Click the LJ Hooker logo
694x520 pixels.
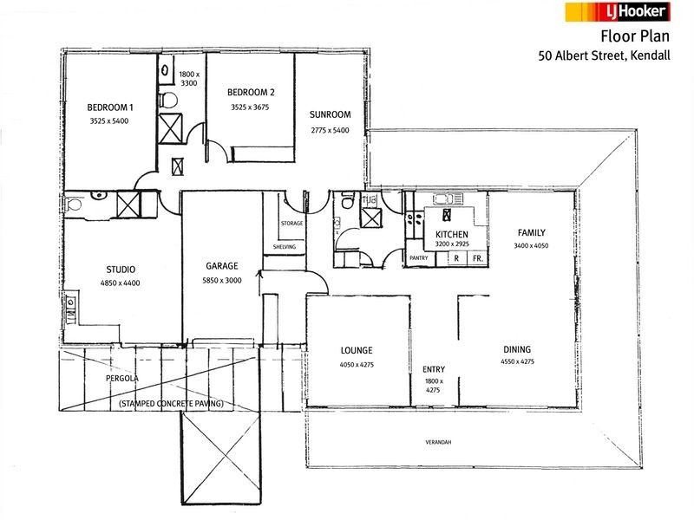click(618, 12)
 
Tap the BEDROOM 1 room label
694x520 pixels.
click(110, 107)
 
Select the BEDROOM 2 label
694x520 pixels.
click(251, 93)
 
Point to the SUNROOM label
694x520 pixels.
click(331, 114)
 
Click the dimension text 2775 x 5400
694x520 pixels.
click(330, 130)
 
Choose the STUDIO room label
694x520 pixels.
click(121, 270)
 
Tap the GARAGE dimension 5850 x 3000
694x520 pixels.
click(222, 280)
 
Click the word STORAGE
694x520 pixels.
click(291, 224)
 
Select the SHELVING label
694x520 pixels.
click(285, 247)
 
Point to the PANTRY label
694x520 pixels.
click(419, 257)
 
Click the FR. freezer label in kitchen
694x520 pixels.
click(478, 258)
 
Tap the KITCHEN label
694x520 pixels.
click(451, 234)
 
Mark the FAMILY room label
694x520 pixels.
click(531, 232)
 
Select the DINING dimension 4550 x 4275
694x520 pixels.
click(517, 361)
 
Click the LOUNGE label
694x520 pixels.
click(357, 351)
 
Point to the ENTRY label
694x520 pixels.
click(434, 369)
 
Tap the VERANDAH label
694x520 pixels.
click(438, 442)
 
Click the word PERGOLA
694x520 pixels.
click(122, 379)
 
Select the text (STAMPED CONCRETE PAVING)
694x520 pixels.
click(171, 403)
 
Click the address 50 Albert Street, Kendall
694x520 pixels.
click(604, 56)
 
